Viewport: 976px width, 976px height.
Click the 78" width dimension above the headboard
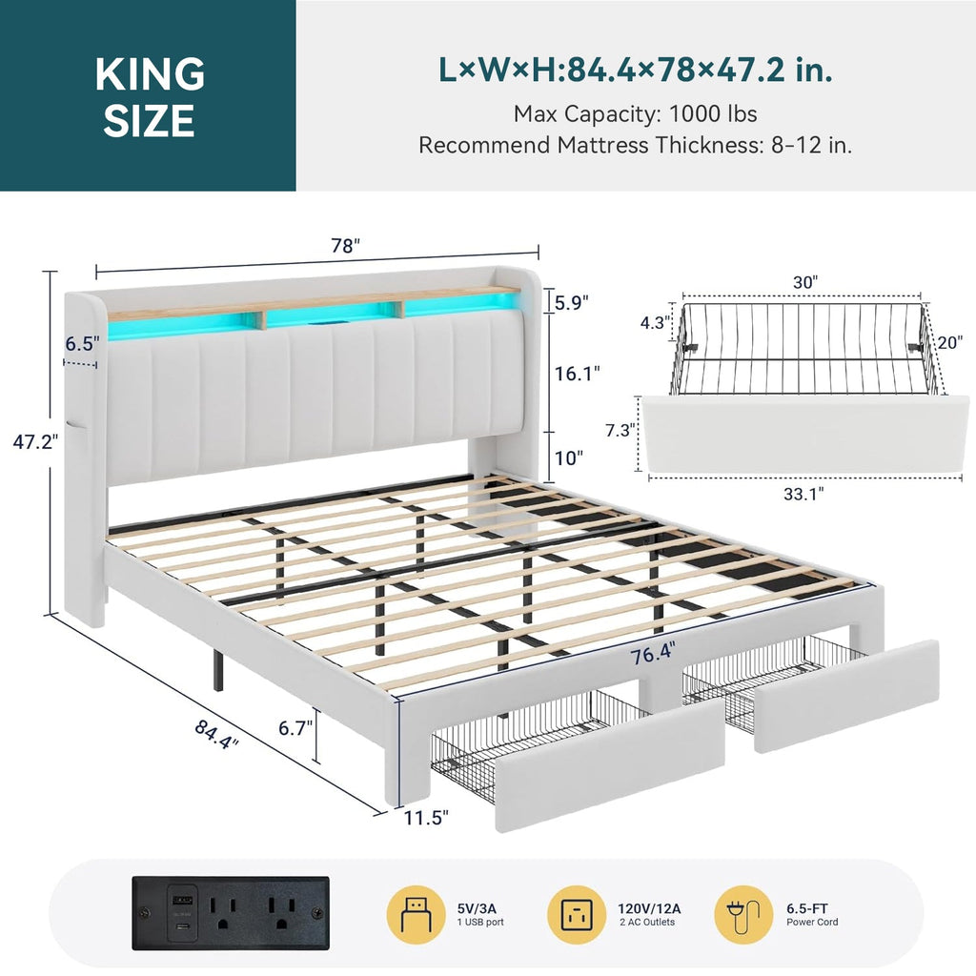coord(345,246)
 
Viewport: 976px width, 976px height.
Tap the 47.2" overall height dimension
coord(35,442)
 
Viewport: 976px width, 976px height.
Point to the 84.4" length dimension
coord(216,734)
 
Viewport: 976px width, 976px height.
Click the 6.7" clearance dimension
coord(295,727)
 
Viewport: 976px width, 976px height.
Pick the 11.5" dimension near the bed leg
coord(426,817)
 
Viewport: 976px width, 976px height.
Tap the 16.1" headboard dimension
coord(578,374)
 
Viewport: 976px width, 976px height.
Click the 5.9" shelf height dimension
coord(572,303)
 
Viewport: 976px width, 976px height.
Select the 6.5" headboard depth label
coord(82,343)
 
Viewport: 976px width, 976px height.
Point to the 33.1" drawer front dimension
coord(803,494)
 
